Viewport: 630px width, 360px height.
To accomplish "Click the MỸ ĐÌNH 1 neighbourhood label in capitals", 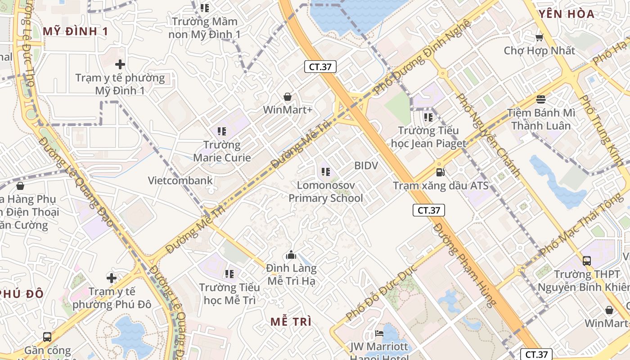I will pyautogui.click(x=76, y=31).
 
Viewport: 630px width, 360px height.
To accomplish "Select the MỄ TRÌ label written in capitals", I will pyautogui.click(x=291, y=321).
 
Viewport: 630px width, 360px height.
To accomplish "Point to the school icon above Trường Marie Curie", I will pyautogui.click(x=221, y=131).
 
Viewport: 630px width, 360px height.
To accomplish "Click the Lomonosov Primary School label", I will pyautogui.click(x=325, y=192).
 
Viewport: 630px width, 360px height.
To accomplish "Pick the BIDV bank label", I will pyautogui.click(x=366, y=166).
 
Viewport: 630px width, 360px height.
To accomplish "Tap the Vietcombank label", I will pyautogui.click(x=180, y=180).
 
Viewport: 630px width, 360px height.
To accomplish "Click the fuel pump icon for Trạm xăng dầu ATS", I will pyautogui.click(x=440, y=172).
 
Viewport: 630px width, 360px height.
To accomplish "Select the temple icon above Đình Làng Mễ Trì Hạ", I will pyautogui.click(x=291, y=255).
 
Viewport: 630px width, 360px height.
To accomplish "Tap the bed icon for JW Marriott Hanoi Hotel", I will pyautogui.click(x=379, y=333).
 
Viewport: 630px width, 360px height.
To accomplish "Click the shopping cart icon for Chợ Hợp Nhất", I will pyautogui.click(x=539, y=37).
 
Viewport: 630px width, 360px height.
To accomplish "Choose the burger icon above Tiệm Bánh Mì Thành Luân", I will pyautogui.click(x=540, y=99).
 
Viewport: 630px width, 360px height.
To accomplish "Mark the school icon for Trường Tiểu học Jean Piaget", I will pyautogui.click(x=428, y=117).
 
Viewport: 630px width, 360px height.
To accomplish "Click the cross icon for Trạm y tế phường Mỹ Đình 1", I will pyautogui.click(x=120, y=64).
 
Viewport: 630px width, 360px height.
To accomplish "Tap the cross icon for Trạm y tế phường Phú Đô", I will pyautogui.click(x=111, y=278).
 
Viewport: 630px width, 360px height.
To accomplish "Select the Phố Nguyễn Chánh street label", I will pyautogui.click(x=488, y=135).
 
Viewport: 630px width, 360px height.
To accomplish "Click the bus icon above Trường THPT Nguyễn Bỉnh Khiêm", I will pyautogui.click(x=586, y=261).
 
